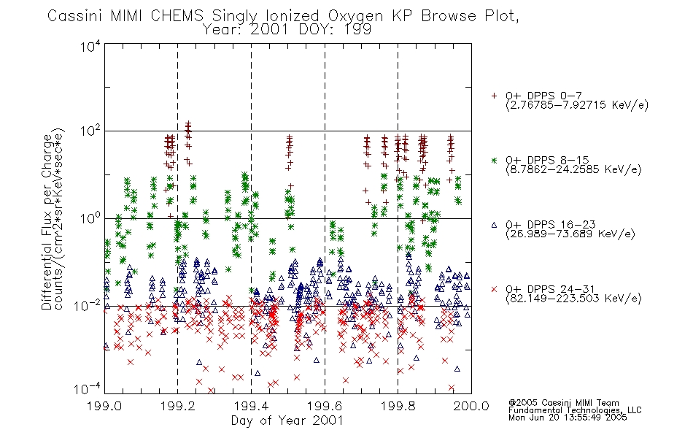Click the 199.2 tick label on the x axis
coord(178,406)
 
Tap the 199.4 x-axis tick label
coord(251,406)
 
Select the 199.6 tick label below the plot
coord(325,406)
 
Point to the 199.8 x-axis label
coord(398,406)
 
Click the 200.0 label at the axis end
coord(471,406)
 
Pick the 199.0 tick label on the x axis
coord(104,406)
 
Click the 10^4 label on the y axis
coord(90,46)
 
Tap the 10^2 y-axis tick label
coord(90,131)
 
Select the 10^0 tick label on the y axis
coord(90,218)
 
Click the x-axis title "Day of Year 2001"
coord(287,420)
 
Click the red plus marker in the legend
coord(494,96)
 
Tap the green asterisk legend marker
coord(494,161)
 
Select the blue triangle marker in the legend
coord(494,225)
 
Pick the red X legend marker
coord(494,289)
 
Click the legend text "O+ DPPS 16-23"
coord(551,224)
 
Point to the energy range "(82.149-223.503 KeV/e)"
coord(573,298)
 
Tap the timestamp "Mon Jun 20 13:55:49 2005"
coord(568,417)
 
